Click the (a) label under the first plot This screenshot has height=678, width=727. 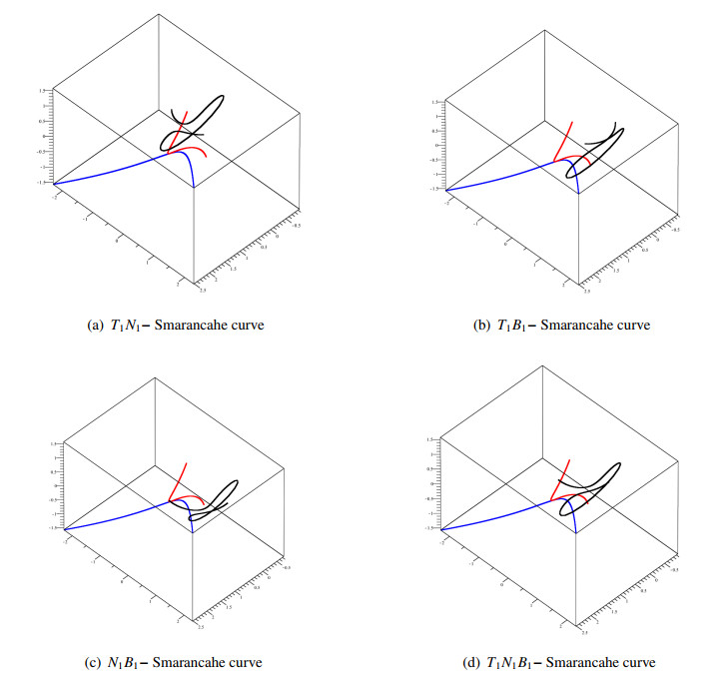click(x=96, y=326)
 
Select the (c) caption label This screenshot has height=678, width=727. click(x=96, y=662)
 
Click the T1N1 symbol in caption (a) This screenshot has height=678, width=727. click(x=125, y=326)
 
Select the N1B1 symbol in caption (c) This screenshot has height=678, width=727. click(x=125, y=662)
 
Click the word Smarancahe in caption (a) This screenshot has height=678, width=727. click(x=197, y=326)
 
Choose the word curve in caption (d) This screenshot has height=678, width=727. click(x=637, y=662)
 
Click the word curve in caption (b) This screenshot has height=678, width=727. click(x=631, y=326)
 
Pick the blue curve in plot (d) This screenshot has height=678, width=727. click(x=499, y=511)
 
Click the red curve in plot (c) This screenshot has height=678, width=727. click(x=180, y=479)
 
